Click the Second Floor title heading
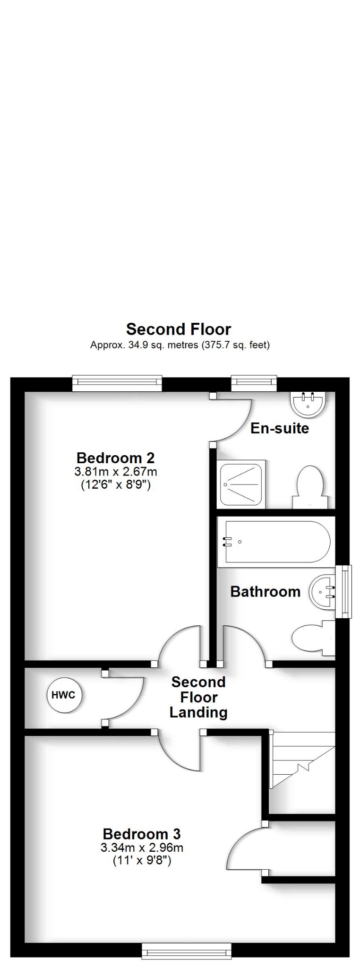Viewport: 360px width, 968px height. coord(179,329)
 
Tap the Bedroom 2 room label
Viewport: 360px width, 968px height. coord(115,458)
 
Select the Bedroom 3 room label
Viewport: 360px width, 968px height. coord(142,834)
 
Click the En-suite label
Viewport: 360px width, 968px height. coord(279,428)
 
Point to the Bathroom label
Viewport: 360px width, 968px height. coord(265,591)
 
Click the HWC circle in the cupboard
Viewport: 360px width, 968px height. coord(63,695)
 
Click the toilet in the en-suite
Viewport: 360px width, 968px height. coord(310,487)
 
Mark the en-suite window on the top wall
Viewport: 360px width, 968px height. coord(254,383)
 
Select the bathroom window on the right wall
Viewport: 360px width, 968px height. coord(343,591)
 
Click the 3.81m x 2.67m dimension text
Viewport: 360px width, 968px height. coord(115,471)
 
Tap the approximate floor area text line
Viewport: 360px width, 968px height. coord(180,345)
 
